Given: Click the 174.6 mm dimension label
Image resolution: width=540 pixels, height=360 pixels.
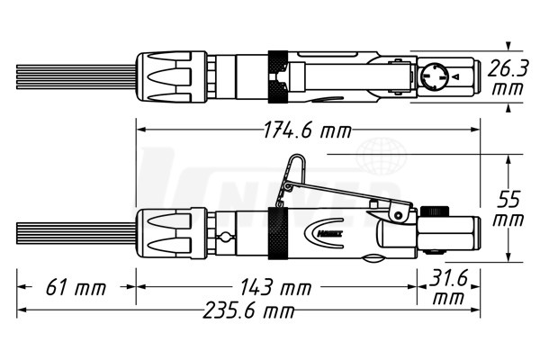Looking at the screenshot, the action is tap(308, 130).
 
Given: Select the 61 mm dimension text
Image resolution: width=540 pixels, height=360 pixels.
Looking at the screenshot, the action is tap(76, 287).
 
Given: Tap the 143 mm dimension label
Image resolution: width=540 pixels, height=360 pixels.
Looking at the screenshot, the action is tap(275, 287).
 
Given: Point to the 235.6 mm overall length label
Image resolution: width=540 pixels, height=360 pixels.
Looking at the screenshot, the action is tap(248, 310).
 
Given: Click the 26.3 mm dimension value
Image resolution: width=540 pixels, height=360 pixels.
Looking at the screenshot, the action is tap(508, 78).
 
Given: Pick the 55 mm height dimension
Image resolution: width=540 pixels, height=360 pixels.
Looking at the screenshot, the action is tap(508, 209).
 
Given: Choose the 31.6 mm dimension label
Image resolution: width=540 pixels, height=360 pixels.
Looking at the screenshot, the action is tap(448, 287).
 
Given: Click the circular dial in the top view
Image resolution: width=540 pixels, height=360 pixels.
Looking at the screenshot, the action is tap(434, 76).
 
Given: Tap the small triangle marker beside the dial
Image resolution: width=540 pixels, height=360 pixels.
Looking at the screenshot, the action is tap(456, 76).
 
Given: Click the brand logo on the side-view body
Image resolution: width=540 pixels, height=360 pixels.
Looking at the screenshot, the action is tap(324, 233).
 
